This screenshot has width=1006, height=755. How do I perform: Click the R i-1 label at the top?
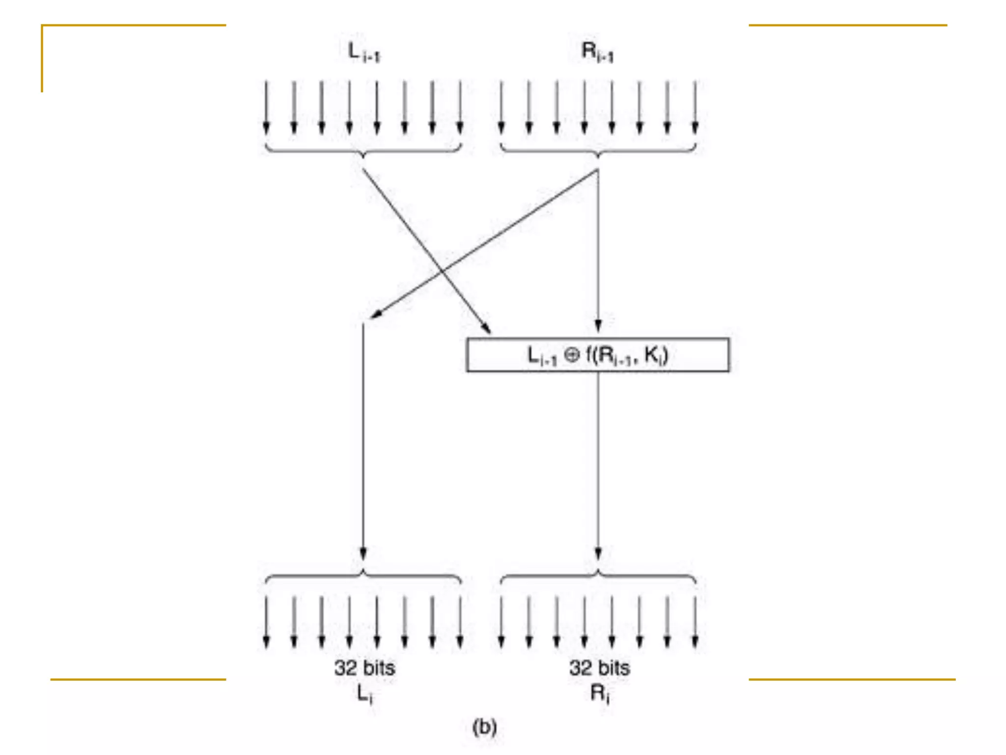[597, 52]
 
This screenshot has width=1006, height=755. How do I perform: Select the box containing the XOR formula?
[597, 354]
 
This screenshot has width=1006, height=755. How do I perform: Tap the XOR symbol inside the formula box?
[571, 354]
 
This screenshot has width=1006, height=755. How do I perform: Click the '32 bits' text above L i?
[364, 668]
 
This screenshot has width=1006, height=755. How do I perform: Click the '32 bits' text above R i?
[599, 668]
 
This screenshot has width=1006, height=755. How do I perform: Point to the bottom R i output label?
[599, 694]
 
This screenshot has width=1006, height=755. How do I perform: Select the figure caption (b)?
[484, 726]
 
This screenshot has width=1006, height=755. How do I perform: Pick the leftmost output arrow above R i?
[501, 622]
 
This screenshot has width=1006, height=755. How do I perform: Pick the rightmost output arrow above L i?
[460, 622]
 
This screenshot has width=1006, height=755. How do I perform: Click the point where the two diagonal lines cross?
[442, 270]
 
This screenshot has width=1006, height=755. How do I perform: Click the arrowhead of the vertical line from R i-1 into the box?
[598, 326]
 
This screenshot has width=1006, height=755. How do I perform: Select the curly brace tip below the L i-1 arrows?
[363, 156]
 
